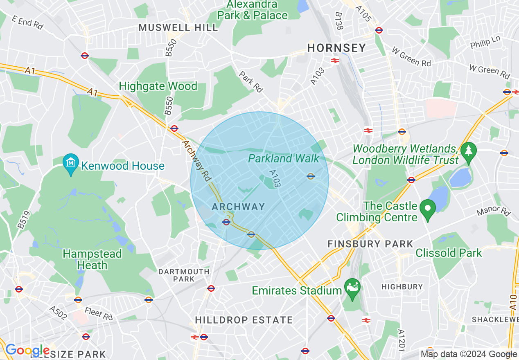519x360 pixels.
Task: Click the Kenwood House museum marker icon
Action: (71, 162)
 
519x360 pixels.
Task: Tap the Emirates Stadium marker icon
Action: (352, 286)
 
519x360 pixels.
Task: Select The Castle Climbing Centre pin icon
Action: (428, 209)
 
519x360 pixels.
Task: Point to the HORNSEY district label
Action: (336, 48)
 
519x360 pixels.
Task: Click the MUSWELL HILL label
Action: (178, 28)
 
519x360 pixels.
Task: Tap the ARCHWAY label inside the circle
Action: (239, 207)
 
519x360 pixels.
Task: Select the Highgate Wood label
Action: (158, 86)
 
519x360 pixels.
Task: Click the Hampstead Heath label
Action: (92, 259)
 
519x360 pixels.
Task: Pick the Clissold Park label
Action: (449, 253)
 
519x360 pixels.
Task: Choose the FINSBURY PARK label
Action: (370, 244)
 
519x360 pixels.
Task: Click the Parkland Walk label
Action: (283, 158)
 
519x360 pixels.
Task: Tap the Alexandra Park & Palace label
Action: (252, 10)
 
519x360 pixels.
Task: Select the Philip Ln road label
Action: (485, 42)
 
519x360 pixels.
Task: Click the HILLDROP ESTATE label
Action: (244, 320)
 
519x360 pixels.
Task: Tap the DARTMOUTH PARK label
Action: (184, 275)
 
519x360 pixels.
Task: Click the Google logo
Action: (27, 350)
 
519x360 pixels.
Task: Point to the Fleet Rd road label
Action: (98, 313)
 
